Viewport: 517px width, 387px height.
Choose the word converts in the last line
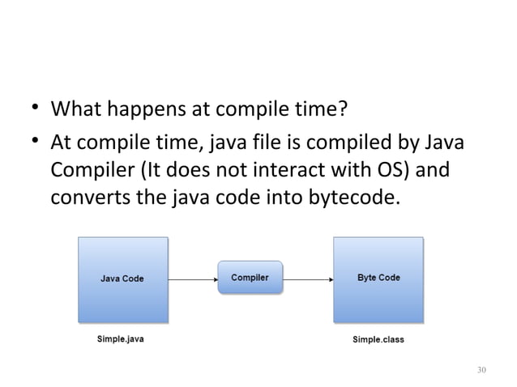coord(88,199)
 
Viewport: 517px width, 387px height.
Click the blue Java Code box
coord(122,279)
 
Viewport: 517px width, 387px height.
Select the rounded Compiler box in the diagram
coord(250,278)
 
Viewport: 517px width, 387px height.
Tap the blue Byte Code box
coord(378,279)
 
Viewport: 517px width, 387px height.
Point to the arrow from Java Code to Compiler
coord(192,279)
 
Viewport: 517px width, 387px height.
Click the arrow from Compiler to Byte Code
coord(308,279)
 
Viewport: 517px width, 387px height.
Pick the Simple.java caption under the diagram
coord(121,339)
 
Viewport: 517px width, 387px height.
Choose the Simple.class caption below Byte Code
coord(378,339)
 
